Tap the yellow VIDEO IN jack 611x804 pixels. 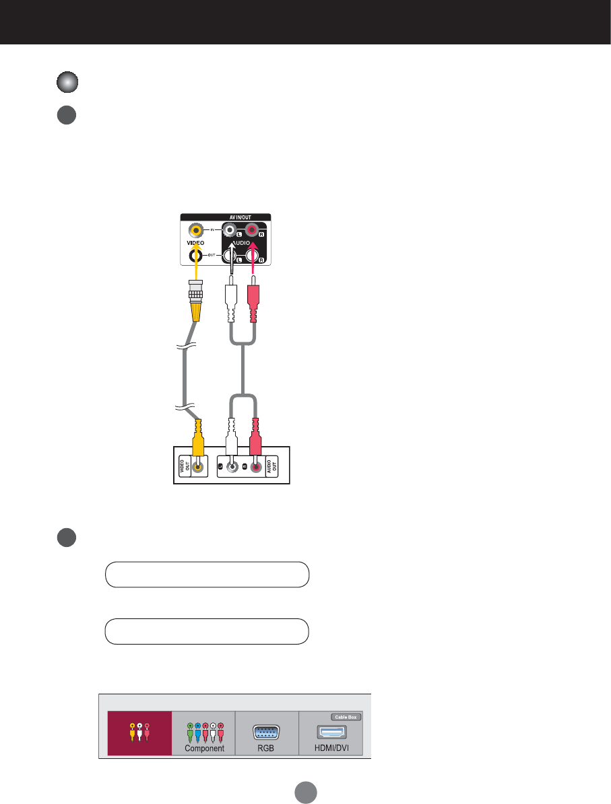(197, 230)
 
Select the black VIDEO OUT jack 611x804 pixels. (197, 254)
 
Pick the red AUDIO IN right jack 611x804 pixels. (255, 231)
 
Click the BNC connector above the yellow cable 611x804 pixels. (196, 291)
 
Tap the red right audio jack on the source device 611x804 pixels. (256, 467)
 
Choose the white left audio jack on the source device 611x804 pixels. (231, 467)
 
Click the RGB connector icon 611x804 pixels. (265, 732)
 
